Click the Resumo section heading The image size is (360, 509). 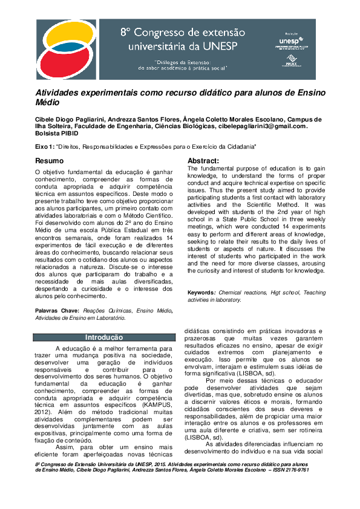tap(49, 161)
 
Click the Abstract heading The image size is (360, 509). tap(203, 160)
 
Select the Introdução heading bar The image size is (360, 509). tap(104, 337)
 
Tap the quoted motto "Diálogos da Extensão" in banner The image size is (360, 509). tap(182, 61)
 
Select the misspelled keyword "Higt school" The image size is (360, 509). tap(283, 293)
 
